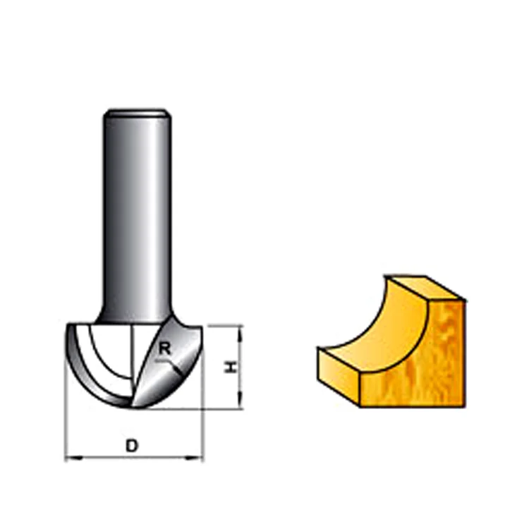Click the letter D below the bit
pyautogui.click(x=131, y=445)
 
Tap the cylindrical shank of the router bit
pyautogui.click(x=137, y=212)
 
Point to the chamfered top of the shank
pyautogui.click(x=137, y=112)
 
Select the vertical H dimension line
pyautogui.click(x=241, y=367)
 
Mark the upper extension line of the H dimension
pyautogui.click(x=222, y=326)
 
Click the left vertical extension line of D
pyautogui.click(x=65, y=423)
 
